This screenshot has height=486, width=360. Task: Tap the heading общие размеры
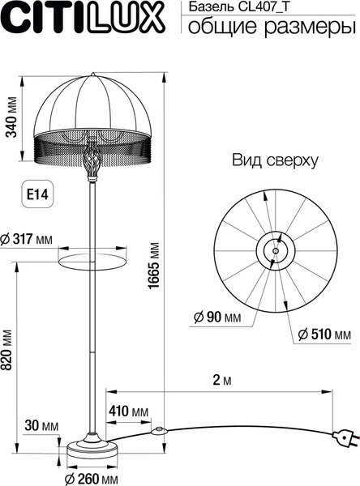[271, 28]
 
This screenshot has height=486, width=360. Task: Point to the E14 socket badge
[36, 195]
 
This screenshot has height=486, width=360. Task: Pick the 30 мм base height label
[41, 425]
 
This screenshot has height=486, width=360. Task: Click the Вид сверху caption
[275, 160]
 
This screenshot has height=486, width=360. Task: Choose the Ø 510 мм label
[324, 334]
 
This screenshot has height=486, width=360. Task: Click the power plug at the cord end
[346, 440]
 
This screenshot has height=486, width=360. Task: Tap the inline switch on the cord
[161, 430]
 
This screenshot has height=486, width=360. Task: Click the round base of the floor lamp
[92, 448]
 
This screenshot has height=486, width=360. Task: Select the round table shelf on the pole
[92, 258]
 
